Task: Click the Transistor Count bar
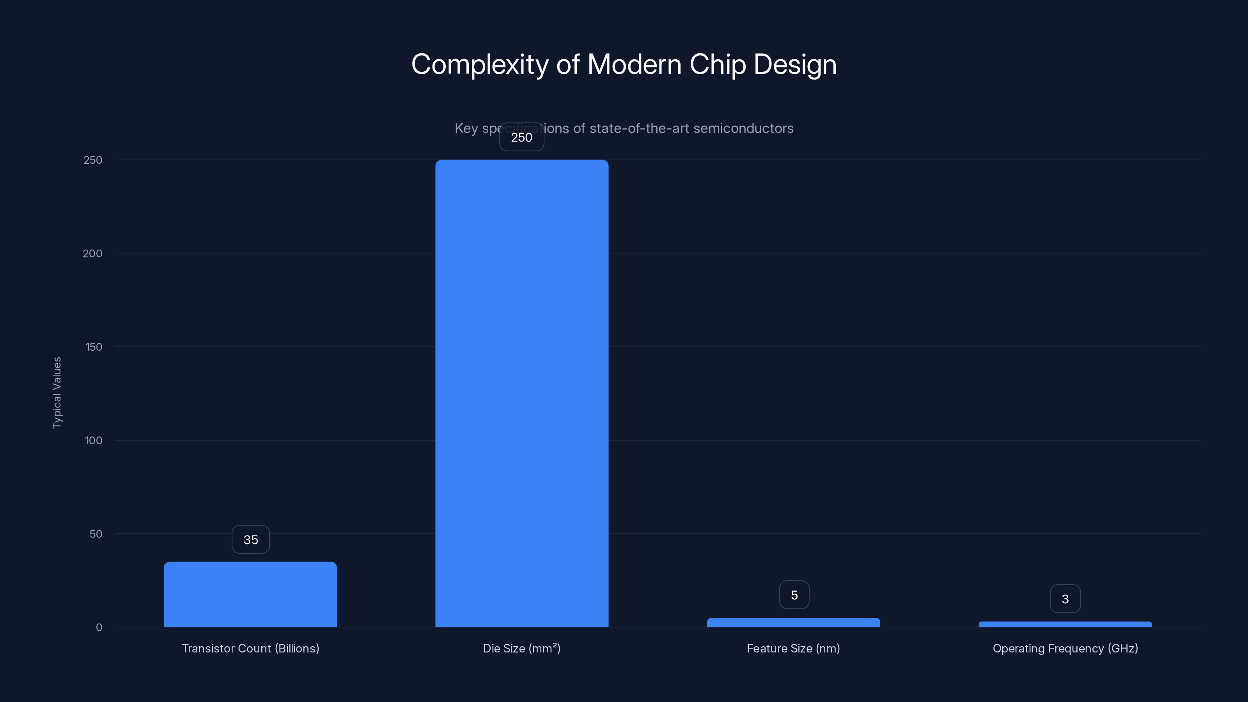pos(250,594)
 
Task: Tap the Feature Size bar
pos(794,622)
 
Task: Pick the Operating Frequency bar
pos(1065,624)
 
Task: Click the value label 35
pos(250,540)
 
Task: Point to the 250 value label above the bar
pos(522,137)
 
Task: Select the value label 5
pos(794,595)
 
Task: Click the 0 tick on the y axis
pos(99,628)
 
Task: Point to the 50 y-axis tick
pos(96,534)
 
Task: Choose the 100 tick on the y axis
pos(94,440)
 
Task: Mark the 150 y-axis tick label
pos(94,347)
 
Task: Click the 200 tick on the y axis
pos(92,253)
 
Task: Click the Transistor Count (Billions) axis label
pos(250,648)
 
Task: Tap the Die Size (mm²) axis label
pos(522,648)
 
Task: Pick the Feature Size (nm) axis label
pos(794,648)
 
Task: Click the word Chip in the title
pos(718,64)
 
